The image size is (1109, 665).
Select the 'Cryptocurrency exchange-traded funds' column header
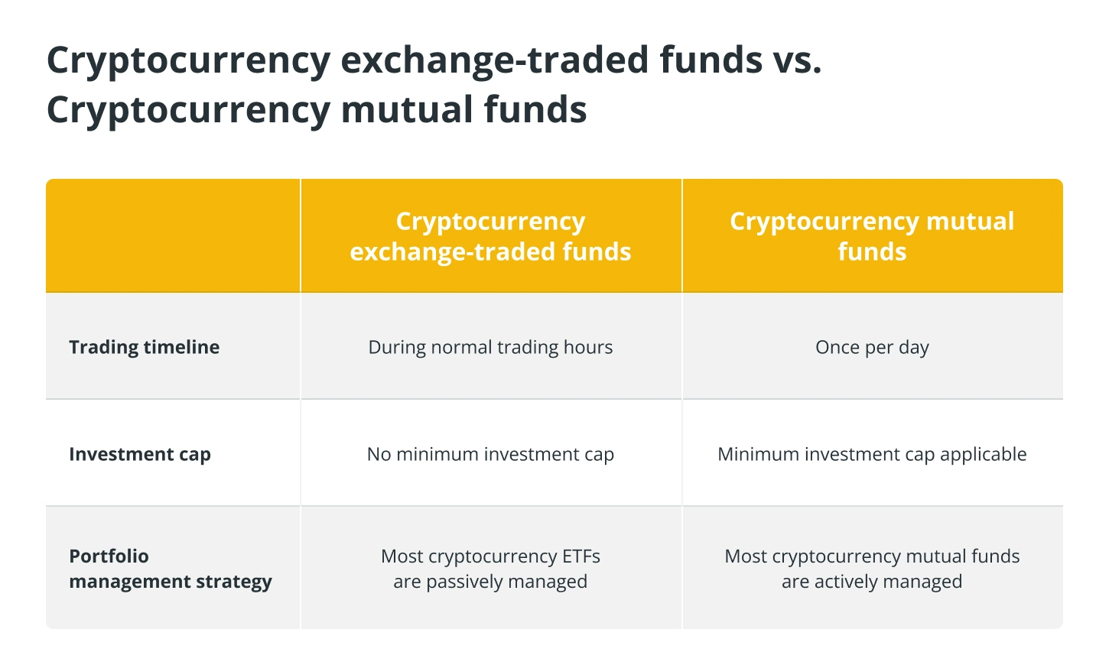(490, 236)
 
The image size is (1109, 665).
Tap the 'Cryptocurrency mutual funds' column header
(872, 236)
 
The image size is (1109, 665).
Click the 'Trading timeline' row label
(144, 347)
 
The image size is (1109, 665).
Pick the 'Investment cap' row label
(140, 454)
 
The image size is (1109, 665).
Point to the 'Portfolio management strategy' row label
(171, 569)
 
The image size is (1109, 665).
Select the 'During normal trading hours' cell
(490, 347)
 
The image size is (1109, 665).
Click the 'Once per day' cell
(872, 348)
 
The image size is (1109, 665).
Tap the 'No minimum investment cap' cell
(490, 454)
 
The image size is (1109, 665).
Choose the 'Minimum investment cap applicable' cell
(872, 454)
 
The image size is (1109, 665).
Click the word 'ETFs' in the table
(581, 556)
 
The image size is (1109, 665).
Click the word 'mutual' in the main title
(406, 109)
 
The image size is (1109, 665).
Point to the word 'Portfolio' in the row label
(109, 556)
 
